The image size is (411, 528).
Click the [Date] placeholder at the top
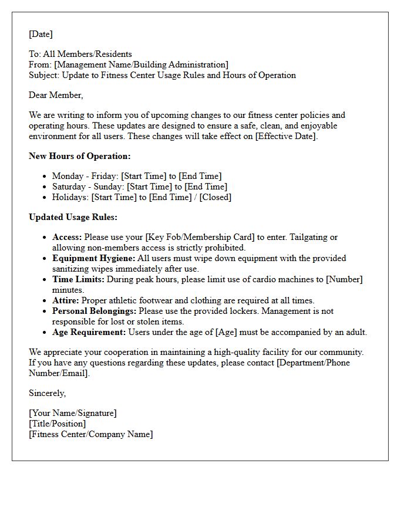(41, 34)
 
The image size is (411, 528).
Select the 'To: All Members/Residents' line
(80, 54)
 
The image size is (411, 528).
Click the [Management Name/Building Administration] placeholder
(141, 65)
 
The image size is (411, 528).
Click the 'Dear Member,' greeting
(56, 95)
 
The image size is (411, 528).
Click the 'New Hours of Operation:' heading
(80, 156)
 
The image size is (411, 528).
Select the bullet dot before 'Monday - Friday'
(45, 177)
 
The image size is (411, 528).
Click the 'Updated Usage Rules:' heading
(73, 217)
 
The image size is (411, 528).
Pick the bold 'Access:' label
(67, 237)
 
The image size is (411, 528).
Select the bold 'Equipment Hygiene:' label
(93, 258)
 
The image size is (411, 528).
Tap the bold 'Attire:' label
(65, 300)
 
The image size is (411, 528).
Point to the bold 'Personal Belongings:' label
(94, 311)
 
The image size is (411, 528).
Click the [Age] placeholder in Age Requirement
(226, 332)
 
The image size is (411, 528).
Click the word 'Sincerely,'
(48, 393)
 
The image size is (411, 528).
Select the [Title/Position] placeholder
(57, 424)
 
